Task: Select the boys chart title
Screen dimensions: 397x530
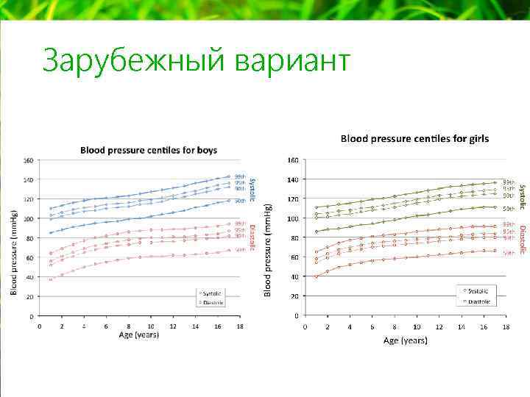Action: click(x=148, y=150)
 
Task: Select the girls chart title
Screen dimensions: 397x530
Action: click(x=414, y=138)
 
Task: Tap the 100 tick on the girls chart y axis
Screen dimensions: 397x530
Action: click(x=292, y=219)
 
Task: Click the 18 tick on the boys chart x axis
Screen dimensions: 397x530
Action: click(x=240, y=326)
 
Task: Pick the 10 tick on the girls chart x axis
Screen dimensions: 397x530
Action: click(x=416, y=326)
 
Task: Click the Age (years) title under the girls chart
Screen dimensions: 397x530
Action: click(x=405, y=340)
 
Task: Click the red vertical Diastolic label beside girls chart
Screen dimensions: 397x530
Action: click(x=521, y=240)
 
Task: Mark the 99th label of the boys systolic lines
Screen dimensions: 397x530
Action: click(x=240, y=176)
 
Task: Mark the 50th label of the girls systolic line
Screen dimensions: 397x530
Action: click(x=508, y=209)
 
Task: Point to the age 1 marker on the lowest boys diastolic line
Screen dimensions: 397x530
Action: click(x=51, y=279)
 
